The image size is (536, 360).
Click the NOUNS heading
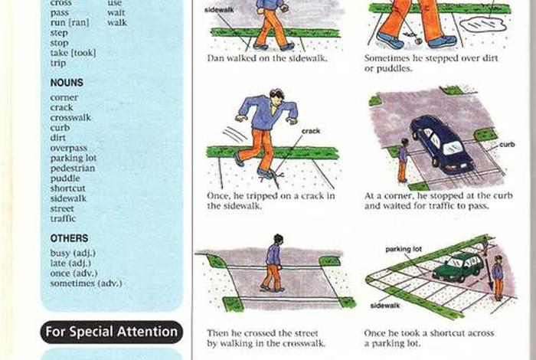click(67, 83)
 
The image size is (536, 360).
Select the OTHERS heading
click(69, 238)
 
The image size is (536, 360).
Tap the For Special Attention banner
click(112, 332)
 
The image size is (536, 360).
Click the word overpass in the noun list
click(69, 148)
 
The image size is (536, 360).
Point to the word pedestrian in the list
click(73, 169)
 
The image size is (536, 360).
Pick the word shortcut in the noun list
click(67, 188)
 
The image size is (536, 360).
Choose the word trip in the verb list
click(58, 64)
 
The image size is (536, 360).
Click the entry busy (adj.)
click(74, 254)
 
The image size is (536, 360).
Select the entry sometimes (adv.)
click(86, 283)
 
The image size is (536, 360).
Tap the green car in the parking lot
click(459, 267)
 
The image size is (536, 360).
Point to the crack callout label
click(311, 131)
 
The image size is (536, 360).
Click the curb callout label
click(507, 145)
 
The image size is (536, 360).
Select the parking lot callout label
click(404, 249)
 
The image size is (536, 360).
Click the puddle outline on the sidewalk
click(483, 25)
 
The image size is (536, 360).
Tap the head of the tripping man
click(277, 96)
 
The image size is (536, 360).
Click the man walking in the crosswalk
click(273, 263)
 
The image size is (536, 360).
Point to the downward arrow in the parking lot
click(489, 274)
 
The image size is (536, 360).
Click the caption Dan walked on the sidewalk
click(267, 58)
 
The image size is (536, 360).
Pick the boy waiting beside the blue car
click(403, 160)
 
